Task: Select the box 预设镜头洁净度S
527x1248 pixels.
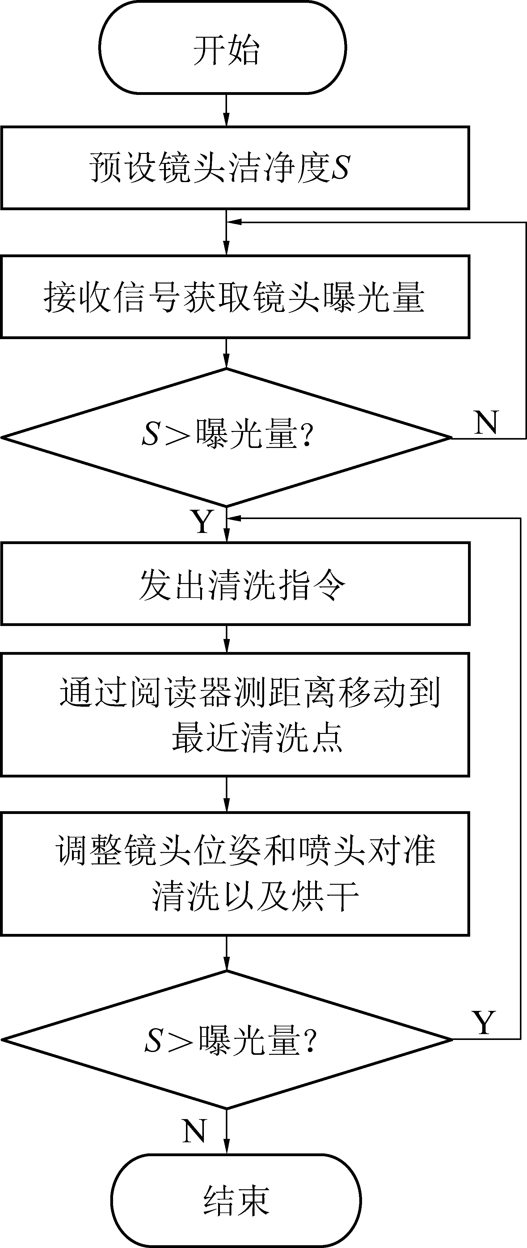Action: tap(235, 168)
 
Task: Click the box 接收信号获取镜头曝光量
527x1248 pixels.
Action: tap(235, 296)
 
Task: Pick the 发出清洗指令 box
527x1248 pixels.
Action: tap(235, 583)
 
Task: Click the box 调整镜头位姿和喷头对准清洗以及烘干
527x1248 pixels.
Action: tap(235, 873)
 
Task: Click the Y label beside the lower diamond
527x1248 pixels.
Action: tap(484, 1022)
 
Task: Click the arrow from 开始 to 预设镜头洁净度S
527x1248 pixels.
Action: tap(226, 110)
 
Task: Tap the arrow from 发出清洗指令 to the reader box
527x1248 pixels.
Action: tap(226, 639)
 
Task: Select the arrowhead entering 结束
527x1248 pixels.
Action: tap(226, 1147)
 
